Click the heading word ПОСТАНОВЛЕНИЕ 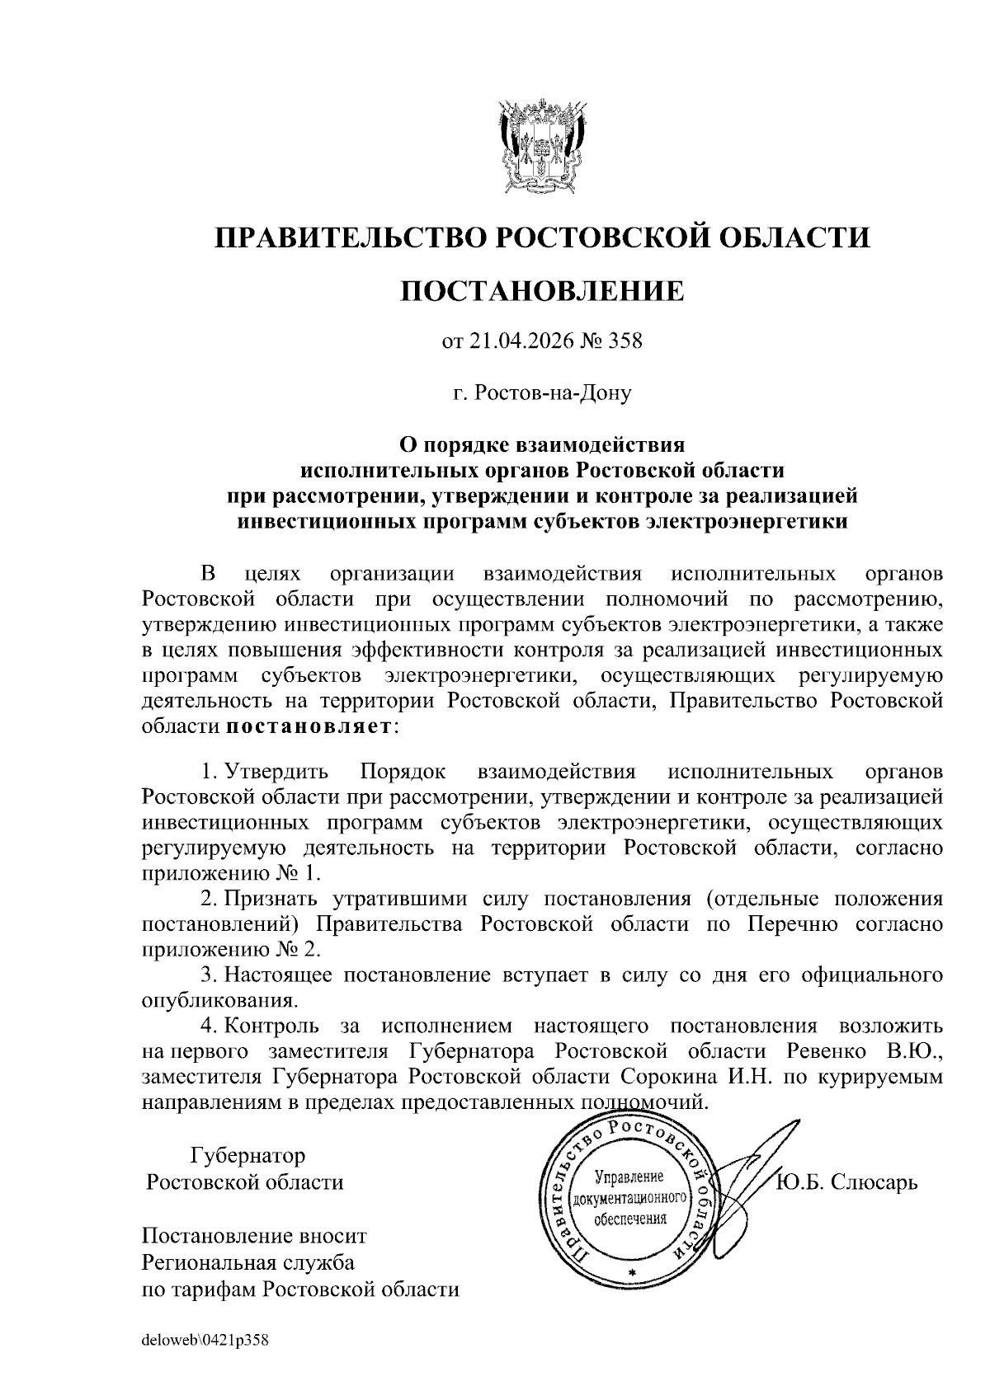click(x=541, y=290)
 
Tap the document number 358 click(x=624, y=341)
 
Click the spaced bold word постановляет click(x=310, y=727)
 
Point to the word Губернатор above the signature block click(x=247, y=1155)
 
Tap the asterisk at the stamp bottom click(x=633, y=1275)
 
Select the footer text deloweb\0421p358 click(x=205, y=1341)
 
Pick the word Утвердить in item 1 click(x=276, y=773)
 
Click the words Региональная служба click(x=248, y=1262)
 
